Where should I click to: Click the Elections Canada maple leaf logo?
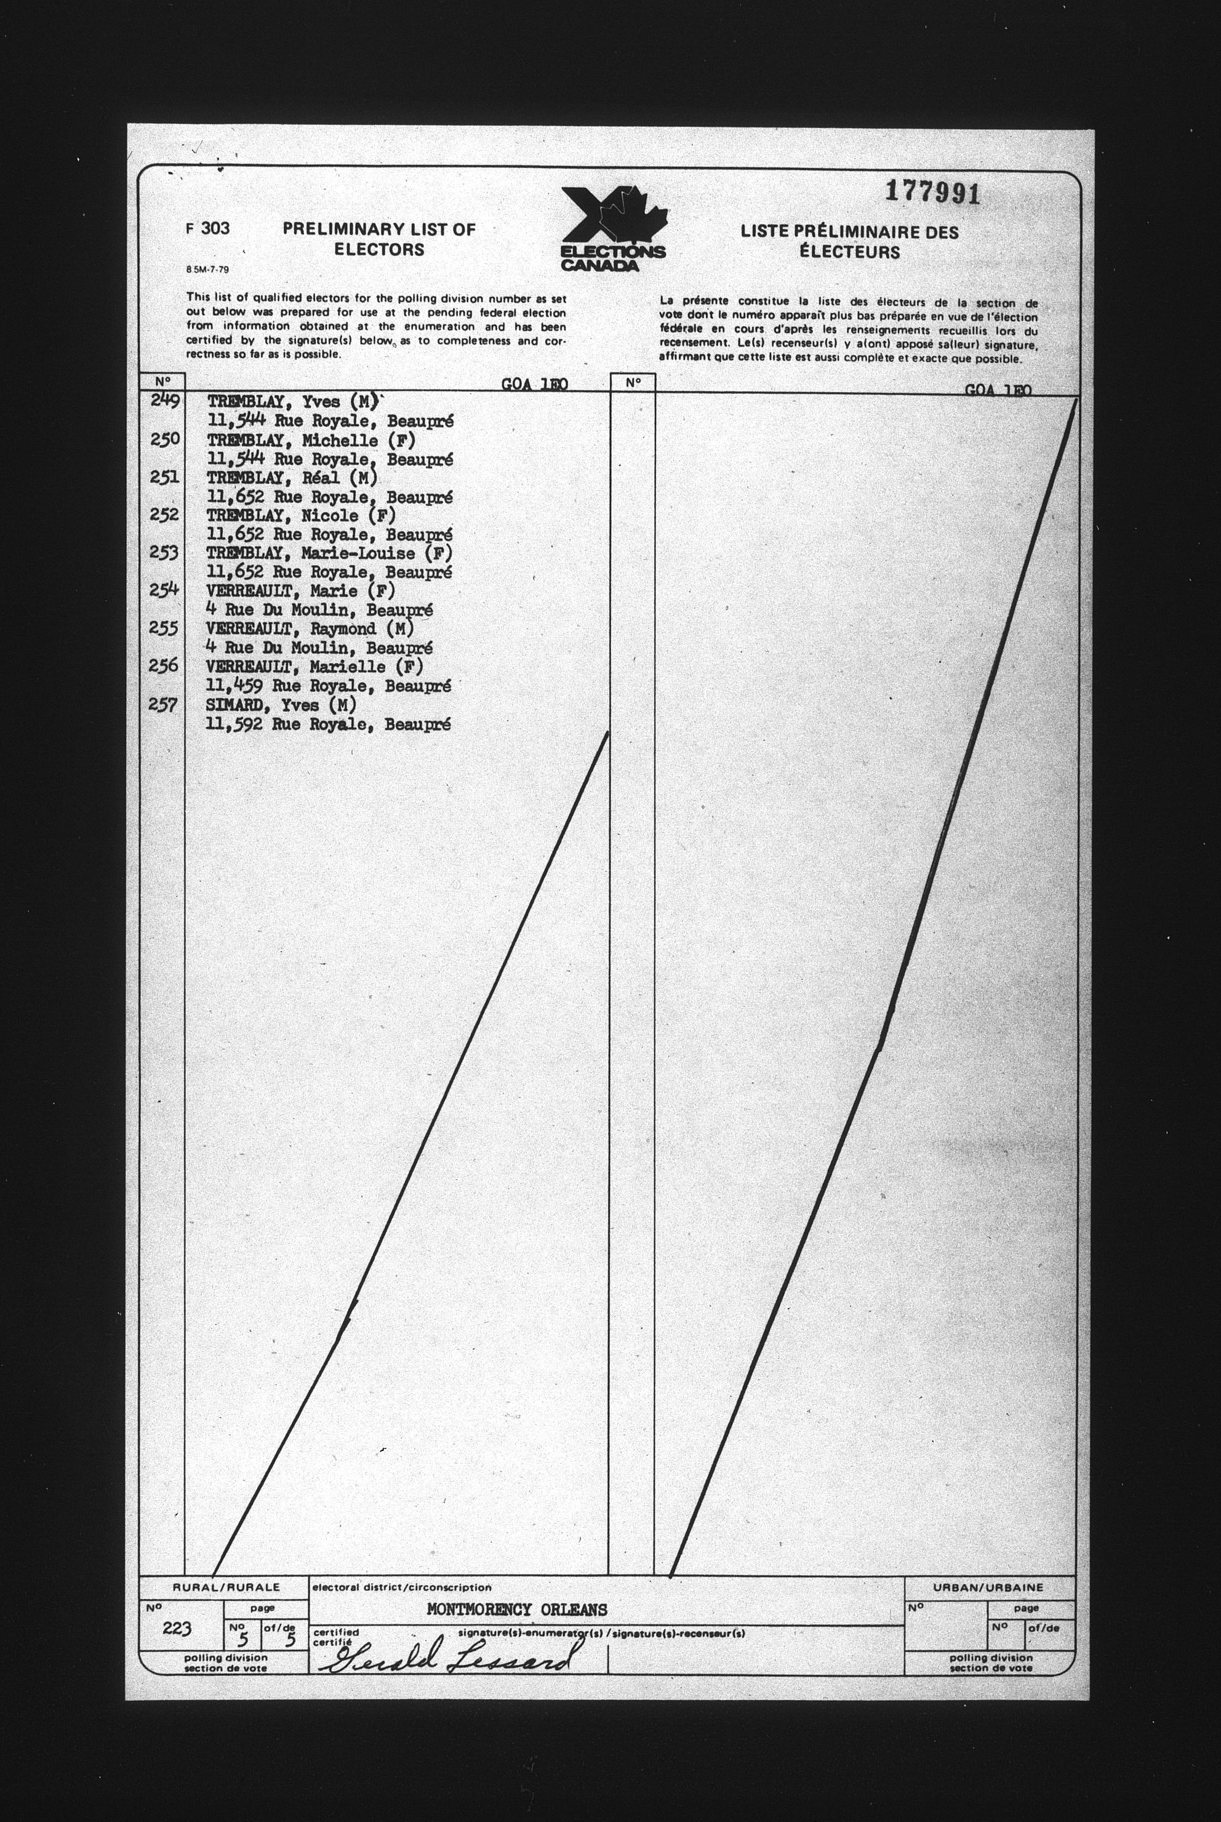pos(613,229)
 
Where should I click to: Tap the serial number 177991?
pos(932,192)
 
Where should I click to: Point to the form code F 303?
pos(208,229)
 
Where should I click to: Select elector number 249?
pos(165,401)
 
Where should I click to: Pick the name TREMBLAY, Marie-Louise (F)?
pos(329,553)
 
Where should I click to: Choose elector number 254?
pos(165,590)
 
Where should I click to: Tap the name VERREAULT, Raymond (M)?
pos(309,629)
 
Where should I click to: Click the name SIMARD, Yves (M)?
pos(281,705)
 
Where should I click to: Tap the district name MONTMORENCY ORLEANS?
pos(517,1610)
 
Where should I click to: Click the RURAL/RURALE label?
pos(226,1587)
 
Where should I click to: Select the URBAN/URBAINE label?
pos(988,1587)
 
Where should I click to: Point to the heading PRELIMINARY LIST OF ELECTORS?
pos(378,239)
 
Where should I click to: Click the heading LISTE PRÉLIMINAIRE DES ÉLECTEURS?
pos(849,241)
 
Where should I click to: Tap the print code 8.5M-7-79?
pos(208,270)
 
